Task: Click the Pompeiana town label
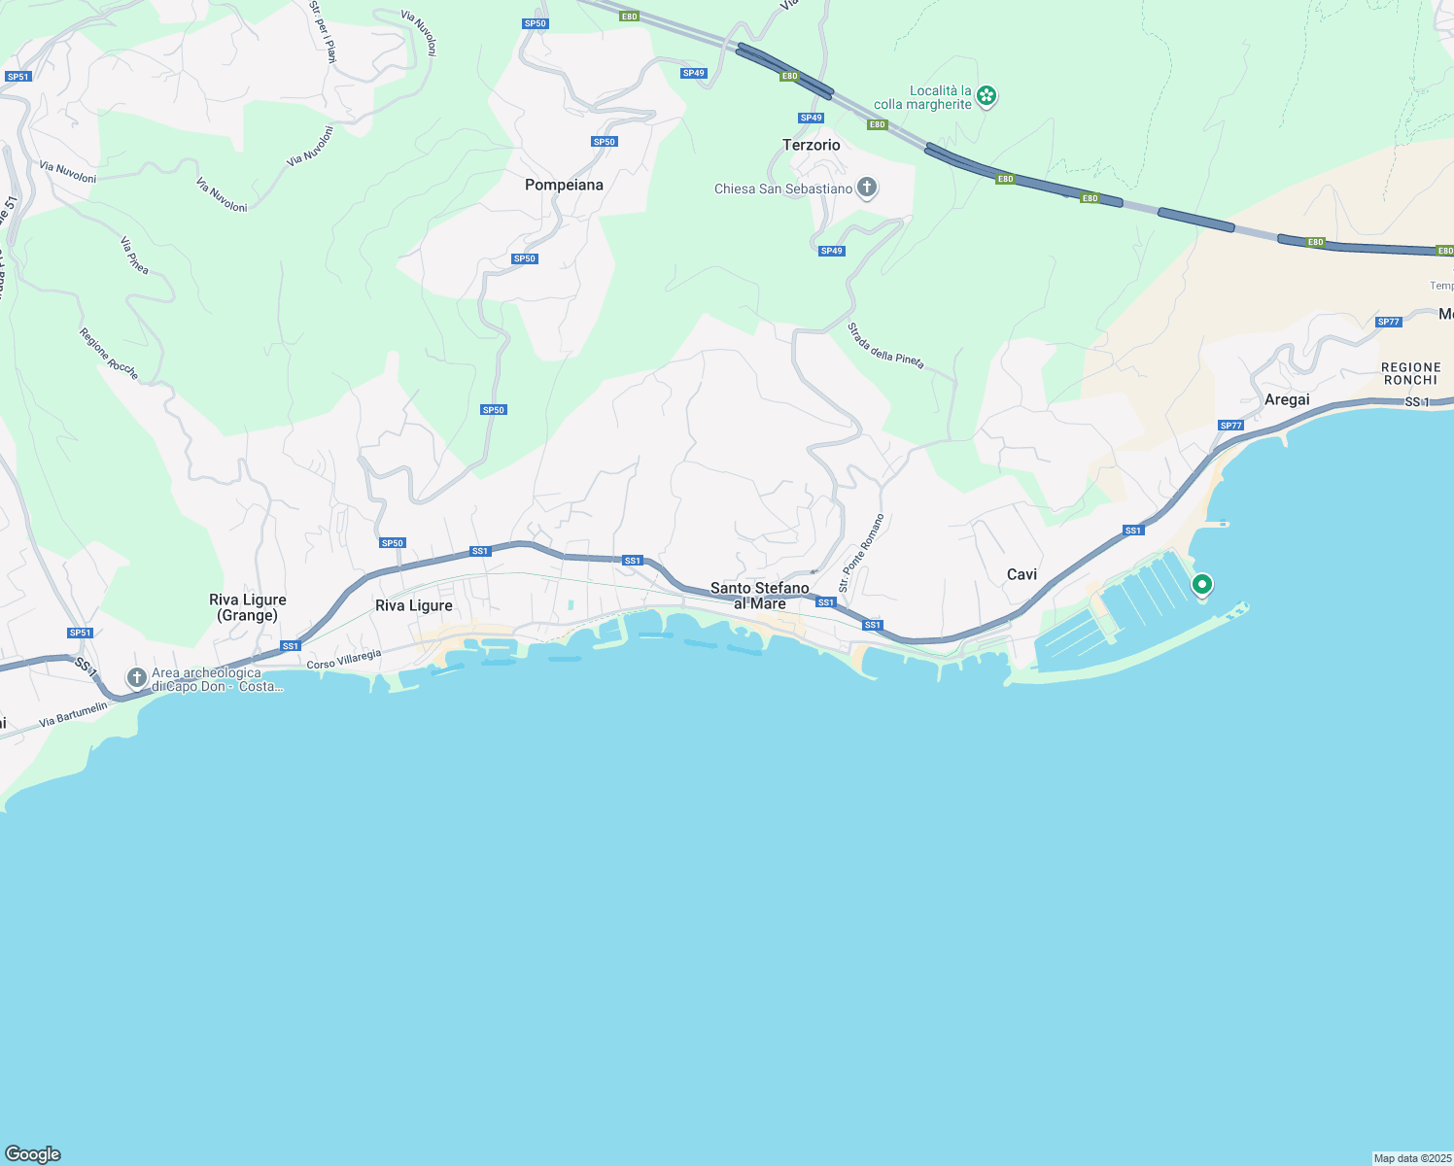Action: (x=564, y=185)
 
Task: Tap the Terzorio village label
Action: (x=811, y=145)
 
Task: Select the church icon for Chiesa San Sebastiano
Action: (x=867, y=188)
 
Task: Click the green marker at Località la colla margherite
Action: (x=987, y=95)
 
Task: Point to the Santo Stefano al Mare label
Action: (x=759, y=596)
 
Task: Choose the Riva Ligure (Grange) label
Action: (x=248, y=607)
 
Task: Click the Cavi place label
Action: (x=1021, y=574)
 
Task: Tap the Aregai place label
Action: (x=1287, y=399)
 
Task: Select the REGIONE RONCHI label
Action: (x=1410, y=373)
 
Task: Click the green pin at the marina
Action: (x=1202, y=584)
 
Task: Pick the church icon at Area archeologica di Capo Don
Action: (x=137, y=676)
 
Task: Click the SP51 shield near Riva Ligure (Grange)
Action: (x=80, y=633)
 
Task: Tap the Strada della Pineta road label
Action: (x=884, y=346)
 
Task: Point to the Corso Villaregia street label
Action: (x=344, y=660)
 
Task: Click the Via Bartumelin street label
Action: (x=73, y=715)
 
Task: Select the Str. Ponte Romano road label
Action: (x=862, y=553)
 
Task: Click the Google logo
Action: (x=33, y=1154)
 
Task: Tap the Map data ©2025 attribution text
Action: (x=1411, y=1158)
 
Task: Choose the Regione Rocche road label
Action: (x=109, y=354)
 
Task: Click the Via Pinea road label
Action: (x=134, y=255)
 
